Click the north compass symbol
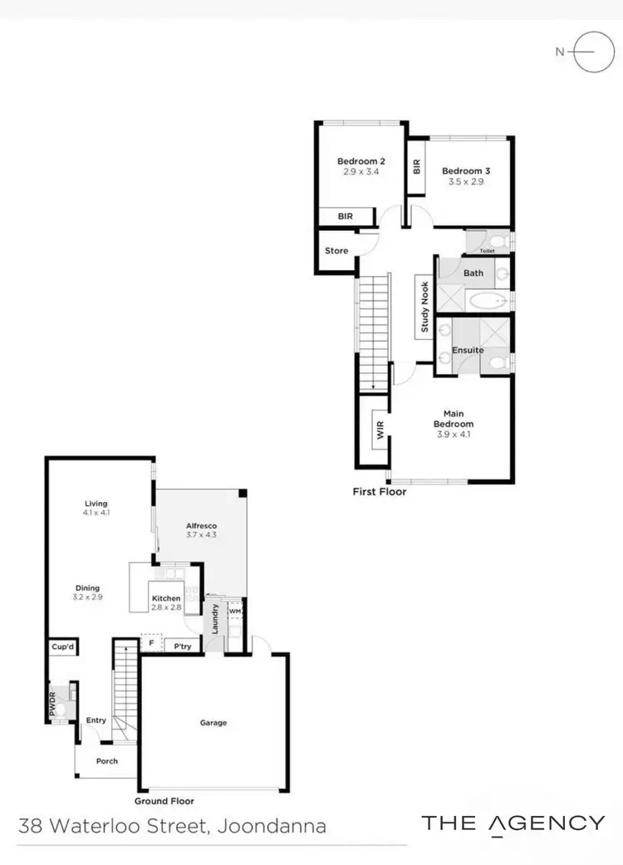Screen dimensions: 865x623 click(593, 52)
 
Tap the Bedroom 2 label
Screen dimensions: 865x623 click(361, 161)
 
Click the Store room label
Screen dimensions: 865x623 click(336, 250)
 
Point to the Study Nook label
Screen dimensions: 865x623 click(424, 307)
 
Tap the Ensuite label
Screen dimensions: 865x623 click(468, 350)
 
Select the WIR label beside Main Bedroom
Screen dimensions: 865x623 click(380, 430)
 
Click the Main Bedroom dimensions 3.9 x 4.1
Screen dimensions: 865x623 click(454, 434)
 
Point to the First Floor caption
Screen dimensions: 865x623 click(380, 492)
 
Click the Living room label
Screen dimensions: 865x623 click(96, 504)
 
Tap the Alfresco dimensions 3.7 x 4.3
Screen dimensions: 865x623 click(201, 536)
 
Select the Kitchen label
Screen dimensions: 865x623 click(166, 598)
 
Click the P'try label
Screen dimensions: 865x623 click(179, 646)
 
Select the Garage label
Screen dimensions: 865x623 click(213, 723)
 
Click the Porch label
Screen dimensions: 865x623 click(107, 760)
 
